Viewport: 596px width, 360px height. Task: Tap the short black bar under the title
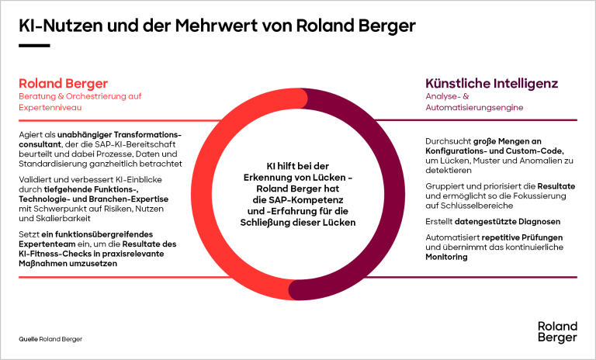pyautogui.click(x=34, y=46)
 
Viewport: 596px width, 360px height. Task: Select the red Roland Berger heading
pyautogui.click(x=63, y=84)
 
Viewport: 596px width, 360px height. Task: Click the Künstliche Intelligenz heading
pyautogui.click(x=491, y=83)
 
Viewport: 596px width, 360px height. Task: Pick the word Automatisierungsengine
pyautogui.click(x=474, y=108)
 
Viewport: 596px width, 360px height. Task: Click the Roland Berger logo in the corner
pyautogui.click(x=557, y=331)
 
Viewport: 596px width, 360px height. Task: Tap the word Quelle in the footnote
pyautogui.click(x=28, y=339)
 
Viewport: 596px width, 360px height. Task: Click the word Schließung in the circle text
pyautogui.click(x=265, y=223)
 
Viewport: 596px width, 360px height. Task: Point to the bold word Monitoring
pyautogui.click(x=446, y=257)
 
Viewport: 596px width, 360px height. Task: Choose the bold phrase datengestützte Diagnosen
pyautogui.click(x=508, y=222)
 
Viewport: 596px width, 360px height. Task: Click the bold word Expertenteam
pyautogui.click(x=42, y=244)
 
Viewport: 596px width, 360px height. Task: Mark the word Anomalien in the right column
pyautogui.click(x=539, y=161)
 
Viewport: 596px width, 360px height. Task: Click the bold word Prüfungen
pyautogui.click(x=542, y=237)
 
